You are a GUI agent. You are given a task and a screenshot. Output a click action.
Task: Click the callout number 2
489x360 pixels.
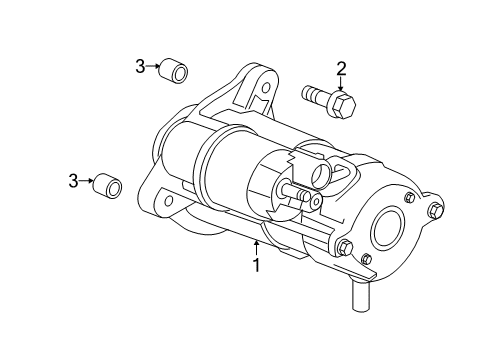point(342,68)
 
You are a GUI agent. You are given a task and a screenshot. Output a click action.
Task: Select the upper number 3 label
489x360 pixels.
point(141,67)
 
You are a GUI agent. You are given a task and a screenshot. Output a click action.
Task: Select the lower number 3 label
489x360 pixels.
point(73,180)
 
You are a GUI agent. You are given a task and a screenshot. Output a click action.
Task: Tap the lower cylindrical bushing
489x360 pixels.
point(108,187)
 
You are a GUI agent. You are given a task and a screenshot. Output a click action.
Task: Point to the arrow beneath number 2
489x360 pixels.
point(342,84)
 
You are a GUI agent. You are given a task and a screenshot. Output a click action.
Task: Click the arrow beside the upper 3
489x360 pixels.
point(158,68)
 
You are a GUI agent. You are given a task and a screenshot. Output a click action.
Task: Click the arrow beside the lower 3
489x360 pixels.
point(89,181)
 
